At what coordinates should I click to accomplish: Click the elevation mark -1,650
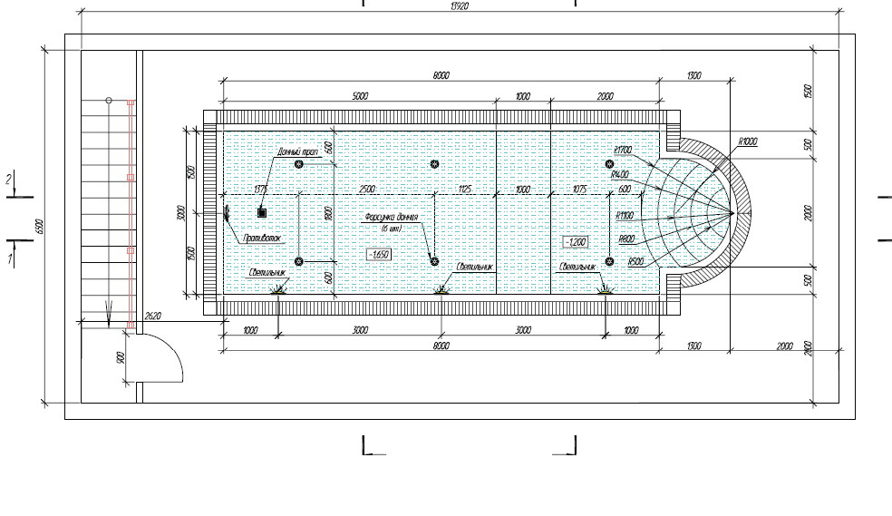click(379, 255)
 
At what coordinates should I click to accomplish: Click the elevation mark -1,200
click(576, 242)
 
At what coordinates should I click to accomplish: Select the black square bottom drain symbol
click(262, 212)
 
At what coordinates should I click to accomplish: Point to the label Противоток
click(262, 239)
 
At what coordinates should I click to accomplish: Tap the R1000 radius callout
click(748, 141)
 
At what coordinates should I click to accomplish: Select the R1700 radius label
click(622, 150)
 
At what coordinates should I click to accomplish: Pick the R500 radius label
click(635, 261)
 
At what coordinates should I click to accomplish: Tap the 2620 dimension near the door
click(152, 316)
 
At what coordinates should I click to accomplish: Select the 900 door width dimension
click(121, 357)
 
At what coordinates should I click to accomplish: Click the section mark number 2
click(9, 180)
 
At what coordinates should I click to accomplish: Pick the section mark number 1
click(9, 259)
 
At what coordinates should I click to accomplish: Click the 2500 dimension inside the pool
click(365, 189)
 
